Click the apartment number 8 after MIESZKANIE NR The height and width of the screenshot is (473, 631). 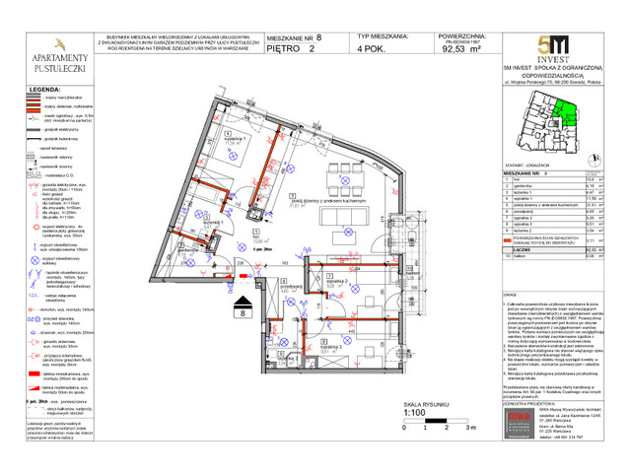(318, 34)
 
